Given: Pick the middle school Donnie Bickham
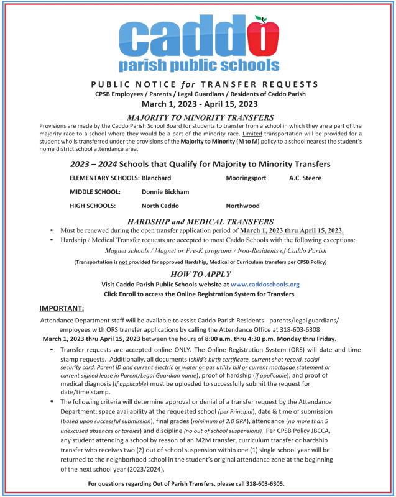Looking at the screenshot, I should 165,192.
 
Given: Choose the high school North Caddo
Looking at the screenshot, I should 160,206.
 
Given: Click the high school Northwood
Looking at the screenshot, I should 243,206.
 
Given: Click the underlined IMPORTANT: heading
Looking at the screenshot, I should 62,308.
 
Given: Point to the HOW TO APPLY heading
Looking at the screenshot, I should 197,273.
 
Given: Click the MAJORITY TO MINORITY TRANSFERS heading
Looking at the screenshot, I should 197,116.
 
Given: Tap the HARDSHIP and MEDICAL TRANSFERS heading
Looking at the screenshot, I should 197,221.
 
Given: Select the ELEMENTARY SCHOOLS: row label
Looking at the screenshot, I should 104,178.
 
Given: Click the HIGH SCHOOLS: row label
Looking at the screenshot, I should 93,206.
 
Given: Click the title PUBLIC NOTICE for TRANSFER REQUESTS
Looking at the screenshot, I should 197,84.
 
